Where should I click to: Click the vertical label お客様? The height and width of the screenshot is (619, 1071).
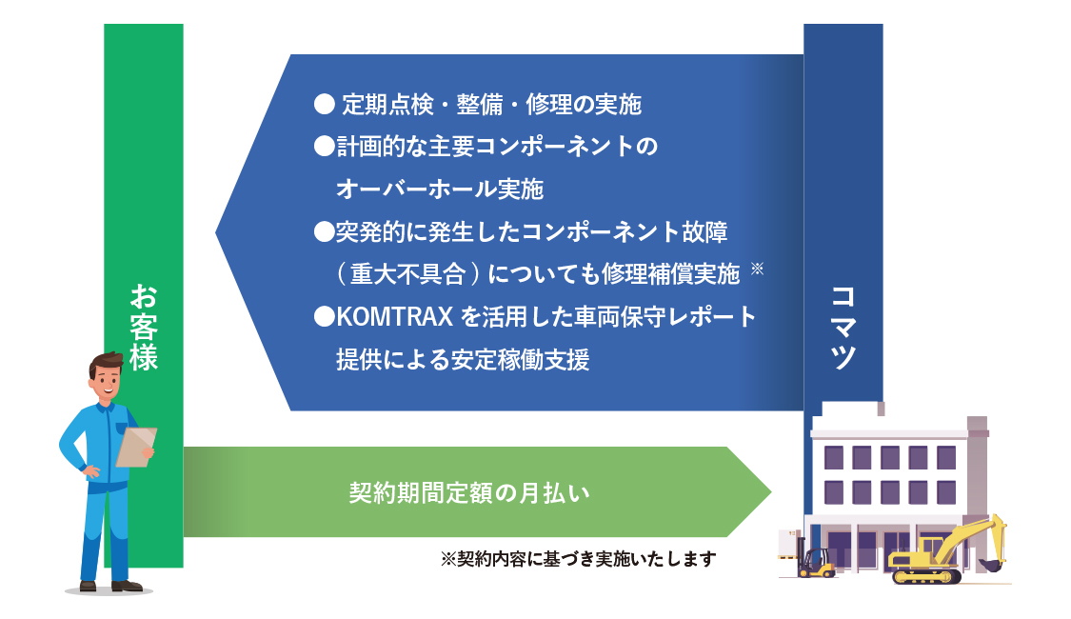(x=144, y=328)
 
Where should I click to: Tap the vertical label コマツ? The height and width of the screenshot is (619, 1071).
(x=843, y=328)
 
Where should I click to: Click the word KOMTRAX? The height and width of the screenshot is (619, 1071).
(x=395, y=316)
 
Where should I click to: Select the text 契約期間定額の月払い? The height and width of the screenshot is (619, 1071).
(x=469, y=492)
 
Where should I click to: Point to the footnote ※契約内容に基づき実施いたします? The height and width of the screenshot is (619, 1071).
(x=579, y=559)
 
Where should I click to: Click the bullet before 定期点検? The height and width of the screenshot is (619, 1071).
(x=324, y=104)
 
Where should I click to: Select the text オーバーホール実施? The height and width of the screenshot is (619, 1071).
(x=439, y=189)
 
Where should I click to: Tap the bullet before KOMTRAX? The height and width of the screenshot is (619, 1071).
(x=324, y=316)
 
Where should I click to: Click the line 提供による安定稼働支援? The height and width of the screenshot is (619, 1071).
(x=463, y=359)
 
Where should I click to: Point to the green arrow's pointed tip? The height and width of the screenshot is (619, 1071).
(x=771, y=492)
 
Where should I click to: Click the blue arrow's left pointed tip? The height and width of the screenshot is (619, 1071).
(x=216, y=232)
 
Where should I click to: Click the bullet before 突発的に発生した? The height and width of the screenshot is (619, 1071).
(x=324, y=231)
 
